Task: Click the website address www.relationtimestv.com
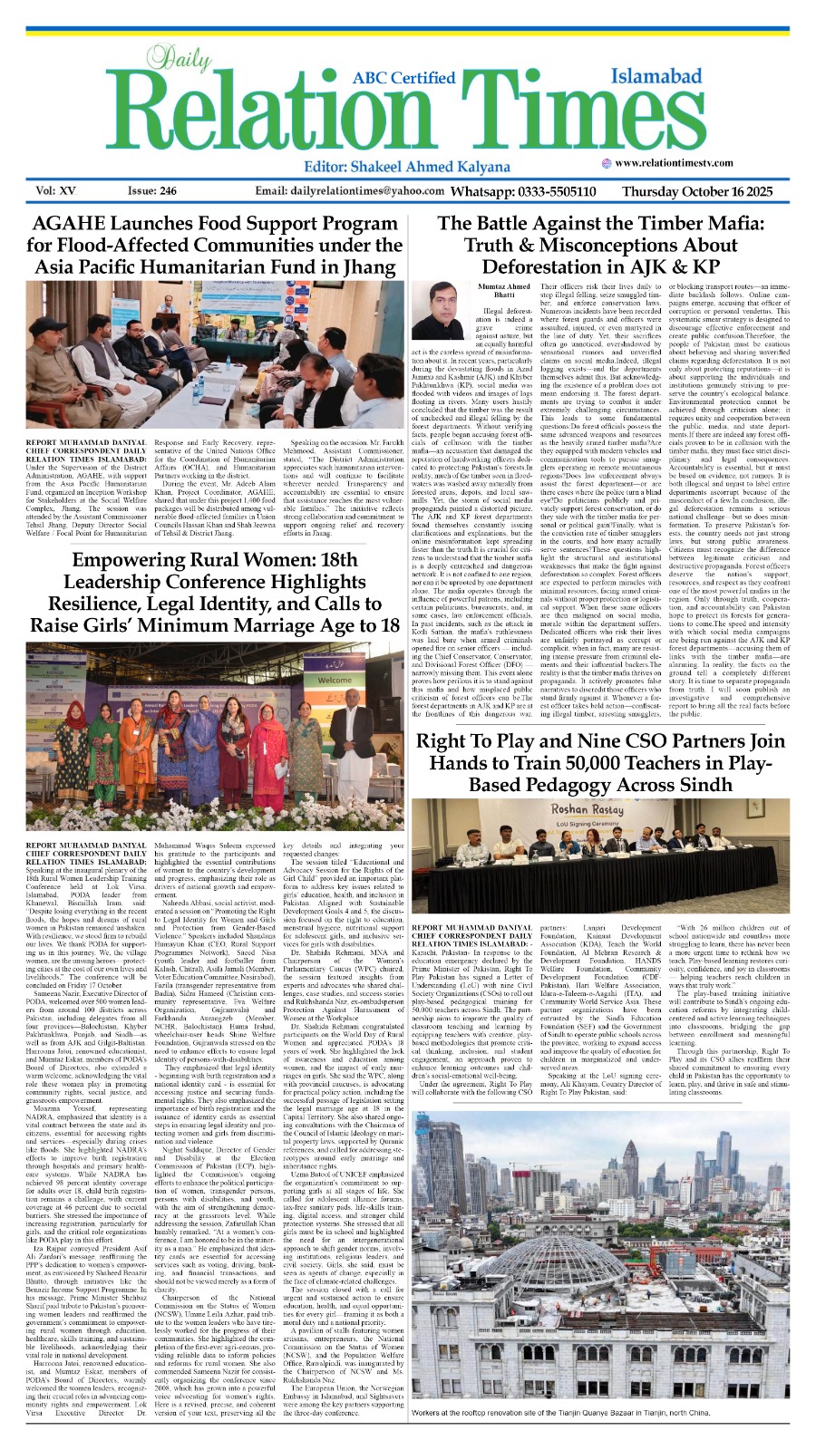tap(694, 163)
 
